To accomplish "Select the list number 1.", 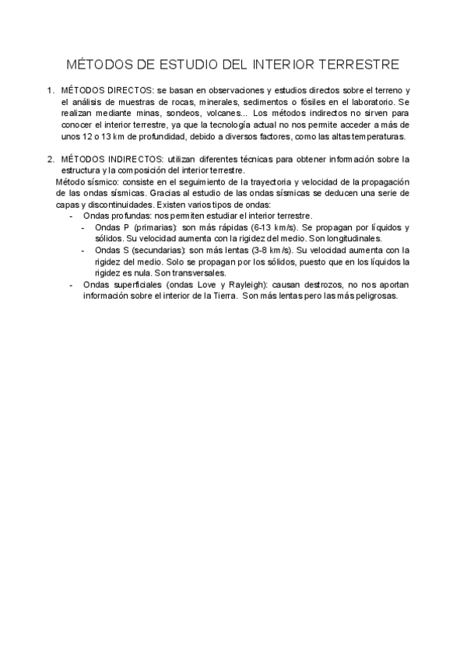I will (51, 91).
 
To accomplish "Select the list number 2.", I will (51, 159).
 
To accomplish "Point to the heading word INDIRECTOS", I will (135, 159).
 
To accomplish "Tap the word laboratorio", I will (370, 102).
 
